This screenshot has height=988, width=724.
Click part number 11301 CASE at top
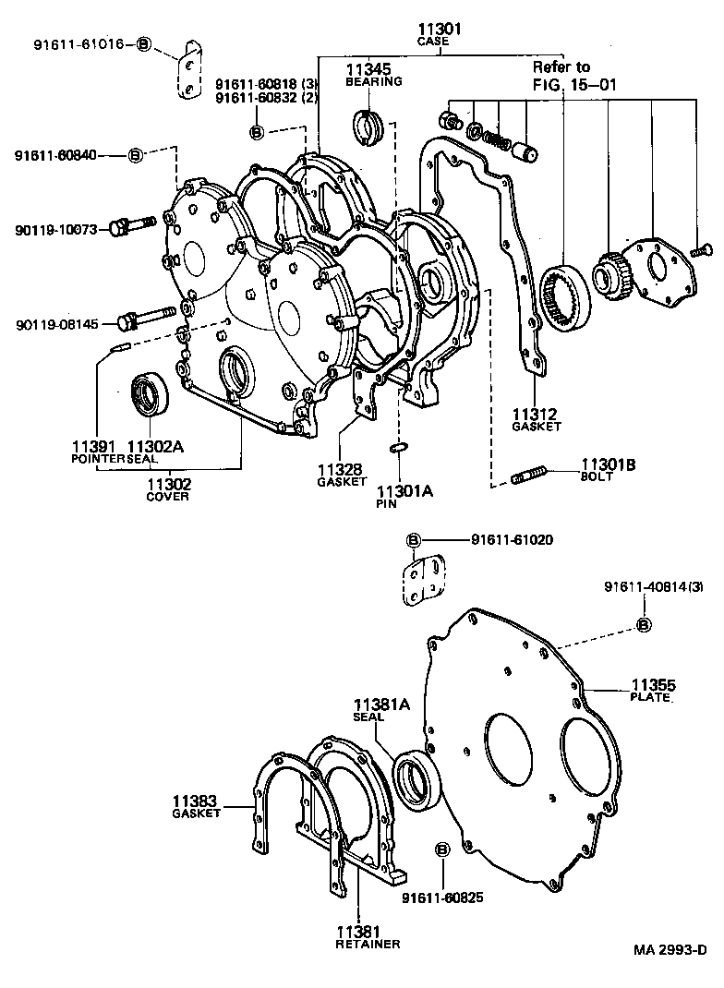[x=439, y=35]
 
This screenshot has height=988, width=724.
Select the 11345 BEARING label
[x=373, y=74]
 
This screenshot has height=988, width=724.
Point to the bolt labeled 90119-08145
[x=147, y=318]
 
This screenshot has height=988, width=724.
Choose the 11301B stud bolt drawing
[x=529, y=477]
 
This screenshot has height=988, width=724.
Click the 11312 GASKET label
[x=536, y=419]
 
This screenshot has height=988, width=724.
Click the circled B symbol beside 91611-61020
[x=413, y=539]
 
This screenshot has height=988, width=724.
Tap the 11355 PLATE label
[x=653, y=690]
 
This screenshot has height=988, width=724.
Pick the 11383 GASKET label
[x=196, y=805]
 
